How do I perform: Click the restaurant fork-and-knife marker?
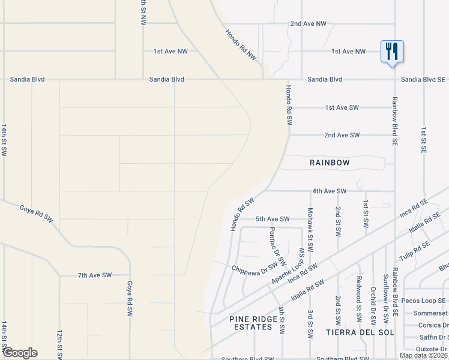point(392,52)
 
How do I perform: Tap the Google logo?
point(20,353)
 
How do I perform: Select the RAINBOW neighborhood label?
point(330,163)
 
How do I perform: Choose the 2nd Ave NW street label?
point(308,23)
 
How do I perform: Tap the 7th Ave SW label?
point(95,275)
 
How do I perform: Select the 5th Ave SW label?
point(273,219)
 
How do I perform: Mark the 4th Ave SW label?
point(330,191)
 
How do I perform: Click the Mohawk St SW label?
point(310,229)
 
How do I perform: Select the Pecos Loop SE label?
point(425,301)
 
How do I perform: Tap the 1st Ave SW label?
point(342,107)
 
